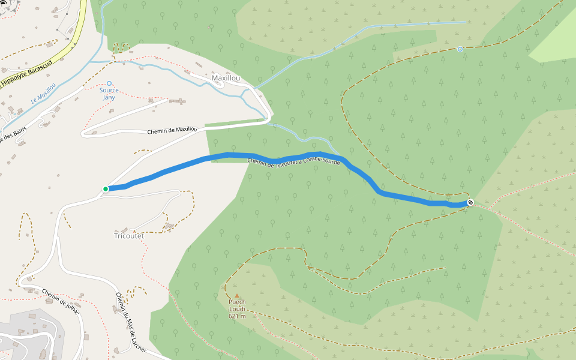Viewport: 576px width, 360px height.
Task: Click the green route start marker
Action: (106, 189)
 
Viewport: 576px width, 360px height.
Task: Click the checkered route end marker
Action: (470, 202)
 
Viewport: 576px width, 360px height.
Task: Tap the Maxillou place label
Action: (226, 79)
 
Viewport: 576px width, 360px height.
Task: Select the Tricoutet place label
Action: (129, 236)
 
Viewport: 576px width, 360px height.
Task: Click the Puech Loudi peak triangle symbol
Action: (236, 296)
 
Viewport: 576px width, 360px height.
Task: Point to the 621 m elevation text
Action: (237, 316)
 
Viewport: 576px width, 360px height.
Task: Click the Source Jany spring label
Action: (109, 94)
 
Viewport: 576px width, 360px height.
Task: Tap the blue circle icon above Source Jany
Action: (109, 83)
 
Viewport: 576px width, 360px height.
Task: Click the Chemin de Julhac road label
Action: (61, 298)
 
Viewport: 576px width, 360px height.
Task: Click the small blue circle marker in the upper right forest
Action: (460, 49)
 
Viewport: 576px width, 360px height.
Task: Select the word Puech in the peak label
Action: (237, 302)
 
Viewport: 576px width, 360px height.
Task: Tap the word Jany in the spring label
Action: (109, 97)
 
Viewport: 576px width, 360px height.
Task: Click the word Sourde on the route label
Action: (330, 161)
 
